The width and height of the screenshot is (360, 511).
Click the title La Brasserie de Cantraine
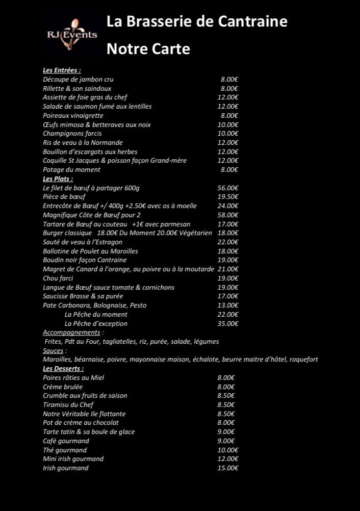pos(197,21)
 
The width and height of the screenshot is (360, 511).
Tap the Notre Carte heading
pos(148,49)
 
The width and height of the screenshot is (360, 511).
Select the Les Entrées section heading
pos(62,70)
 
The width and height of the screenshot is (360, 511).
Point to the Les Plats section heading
pos(58,179)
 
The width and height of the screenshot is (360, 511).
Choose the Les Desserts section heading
pos(63,368)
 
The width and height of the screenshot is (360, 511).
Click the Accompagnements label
pos(72,333)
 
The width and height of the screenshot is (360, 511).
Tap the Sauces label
pos(54,350)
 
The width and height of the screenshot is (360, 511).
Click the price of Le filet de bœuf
pos(228,188)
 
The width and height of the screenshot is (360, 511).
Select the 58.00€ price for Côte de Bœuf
pos(228,215)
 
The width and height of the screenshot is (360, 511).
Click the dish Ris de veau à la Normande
pos(83,143)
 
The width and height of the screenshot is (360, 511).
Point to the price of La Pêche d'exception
pos(228,323)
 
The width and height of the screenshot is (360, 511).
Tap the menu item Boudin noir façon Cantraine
pos(85,260)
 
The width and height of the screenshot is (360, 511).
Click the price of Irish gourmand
pos(228,468)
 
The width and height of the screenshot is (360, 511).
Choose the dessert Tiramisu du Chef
pos(68,405)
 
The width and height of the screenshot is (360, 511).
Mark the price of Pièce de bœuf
pos(228,197)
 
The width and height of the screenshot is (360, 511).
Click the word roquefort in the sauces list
pos(303,360)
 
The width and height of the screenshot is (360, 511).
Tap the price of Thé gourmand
pos(228,450)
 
